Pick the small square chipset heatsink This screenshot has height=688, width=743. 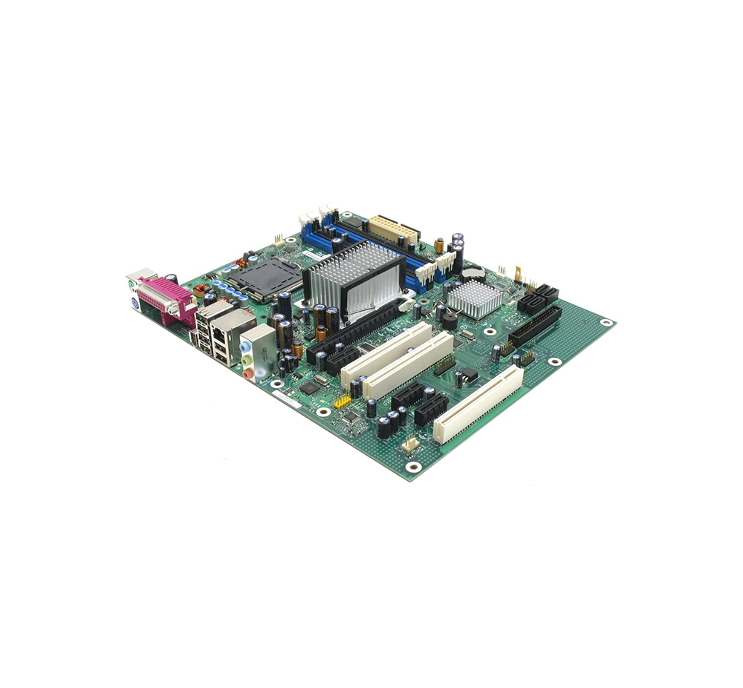(474, 298)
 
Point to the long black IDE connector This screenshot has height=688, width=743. (535, 327)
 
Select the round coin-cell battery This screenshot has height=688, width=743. (473, 273)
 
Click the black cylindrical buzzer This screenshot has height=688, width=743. (450, 321)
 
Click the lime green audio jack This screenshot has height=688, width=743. (247, 359)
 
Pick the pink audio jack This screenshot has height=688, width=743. (248, 373)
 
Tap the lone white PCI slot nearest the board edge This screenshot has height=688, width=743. (478, 404)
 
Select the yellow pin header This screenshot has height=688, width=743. (343, 402)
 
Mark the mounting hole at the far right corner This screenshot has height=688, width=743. (606, 323)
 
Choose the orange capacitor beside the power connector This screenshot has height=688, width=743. (439, 244)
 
